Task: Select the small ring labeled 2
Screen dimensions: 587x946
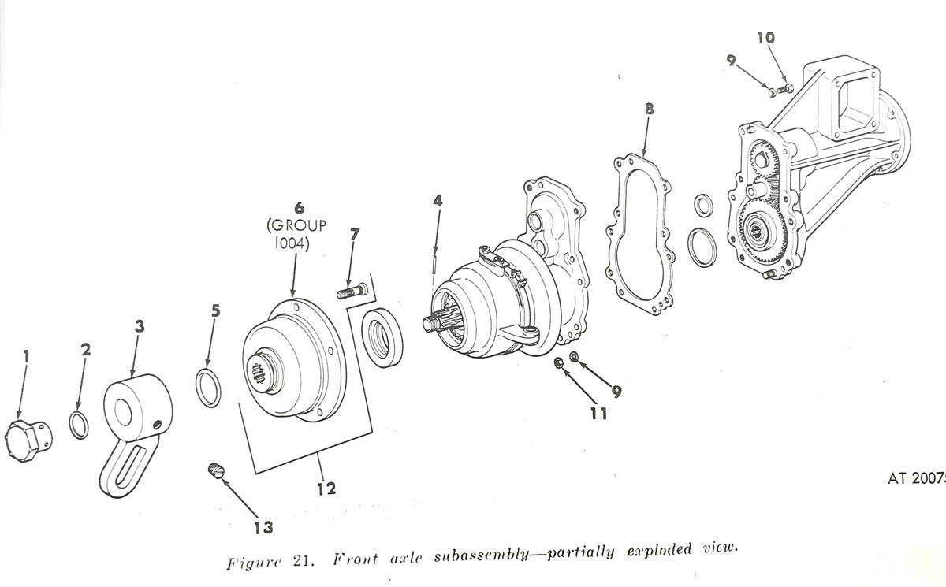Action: point(79,425)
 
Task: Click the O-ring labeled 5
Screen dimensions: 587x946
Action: point(208,387)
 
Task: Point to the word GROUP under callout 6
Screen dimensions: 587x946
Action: point(299,226)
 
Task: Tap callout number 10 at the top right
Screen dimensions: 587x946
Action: point(765,37)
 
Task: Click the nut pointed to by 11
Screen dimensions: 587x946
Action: point(558,363)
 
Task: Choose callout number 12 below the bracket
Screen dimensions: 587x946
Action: point(326,489)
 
